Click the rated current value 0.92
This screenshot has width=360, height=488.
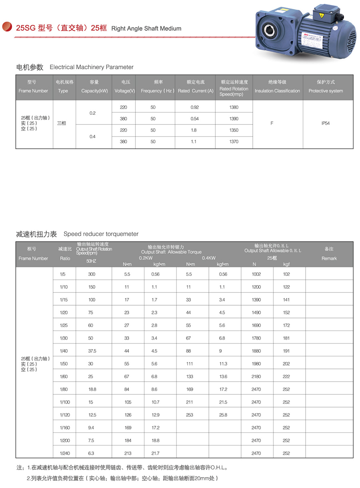pyautogui.click(x=195, y=107)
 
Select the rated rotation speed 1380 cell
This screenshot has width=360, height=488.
pyautogui.click(x=234, y=107)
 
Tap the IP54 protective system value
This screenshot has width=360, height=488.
pyautogui.click(x=325, y=123)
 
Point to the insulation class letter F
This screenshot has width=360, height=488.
pyautogui.click(x=272, y=123)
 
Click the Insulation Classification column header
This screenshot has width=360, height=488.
pyautogui.click(x=277, y=91)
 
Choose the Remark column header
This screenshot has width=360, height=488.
pyautogui.click(x=329, y=258)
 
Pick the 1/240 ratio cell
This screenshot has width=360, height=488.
pyautogui.click(x=64, y=453)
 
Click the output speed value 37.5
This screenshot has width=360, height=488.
pyautogui.click(x=92, y=351)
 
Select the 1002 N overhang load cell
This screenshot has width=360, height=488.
pyautogui.click(x=256, y=274)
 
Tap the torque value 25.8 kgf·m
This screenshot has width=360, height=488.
pyautogui.click(x=223, y=415)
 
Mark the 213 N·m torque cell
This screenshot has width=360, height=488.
pyautogui.click(x=128, y=453)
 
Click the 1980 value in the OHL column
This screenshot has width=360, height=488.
pyautogui.click(x=256, y=364)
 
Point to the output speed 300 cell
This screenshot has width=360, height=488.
pyautogui.click(x=92, y=274)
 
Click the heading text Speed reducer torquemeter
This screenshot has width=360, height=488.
pyautogui.click(x=101, y=234)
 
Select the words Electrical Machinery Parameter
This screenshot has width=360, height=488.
pyautogui.click(x=92, y=67)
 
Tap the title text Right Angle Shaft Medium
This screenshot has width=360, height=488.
pyautogui.click(x=146, y=28)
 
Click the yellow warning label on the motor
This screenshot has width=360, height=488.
pyautogui.click(x=322, y=15)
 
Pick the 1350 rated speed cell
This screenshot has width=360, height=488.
pyautogui.click(x=234, y=130)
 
